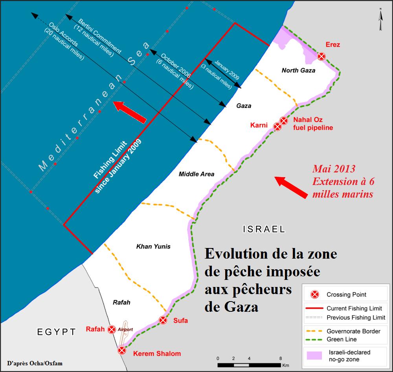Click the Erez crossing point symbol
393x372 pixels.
pos(321,56)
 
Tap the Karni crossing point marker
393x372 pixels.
pos(277,126)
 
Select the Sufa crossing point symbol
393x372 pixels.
pos(163,320)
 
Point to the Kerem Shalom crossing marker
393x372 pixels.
pos(122,350)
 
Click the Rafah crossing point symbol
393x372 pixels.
pos(112,329)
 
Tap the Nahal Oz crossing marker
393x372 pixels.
pos(284,120)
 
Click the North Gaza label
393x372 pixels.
pos(299,70)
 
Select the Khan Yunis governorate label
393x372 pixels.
pos(153,247)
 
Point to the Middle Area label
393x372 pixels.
pos(196,174)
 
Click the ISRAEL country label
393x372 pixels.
pos(264,229)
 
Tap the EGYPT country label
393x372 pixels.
pos(57,332)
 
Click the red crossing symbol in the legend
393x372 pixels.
pos(314,294)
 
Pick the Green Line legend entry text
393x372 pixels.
pos(342,339)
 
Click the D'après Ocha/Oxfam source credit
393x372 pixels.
pos(35,363)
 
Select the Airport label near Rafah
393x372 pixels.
pos(127,329)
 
